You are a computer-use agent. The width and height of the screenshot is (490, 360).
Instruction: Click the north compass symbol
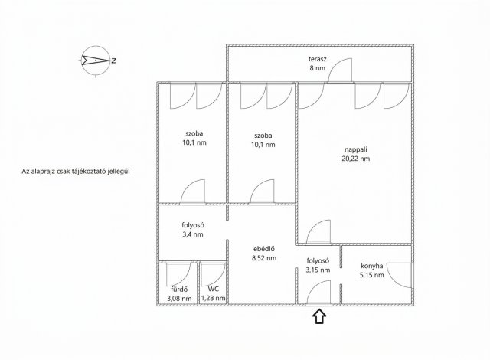96,60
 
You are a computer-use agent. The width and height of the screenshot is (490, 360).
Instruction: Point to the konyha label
372,267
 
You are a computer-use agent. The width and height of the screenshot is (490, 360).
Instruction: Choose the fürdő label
179,289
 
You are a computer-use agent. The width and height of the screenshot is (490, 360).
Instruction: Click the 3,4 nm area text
193,234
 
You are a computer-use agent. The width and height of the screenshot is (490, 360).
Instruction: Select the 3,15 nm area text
318,270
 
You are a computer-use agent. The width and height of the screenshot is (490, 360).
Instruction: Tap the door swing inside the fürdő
178,273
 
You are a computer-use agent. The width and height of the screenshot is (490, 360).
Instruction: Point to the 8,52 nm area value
265,258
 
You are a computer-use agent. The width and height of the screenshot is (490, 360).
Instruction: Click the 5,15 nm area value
372,277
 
